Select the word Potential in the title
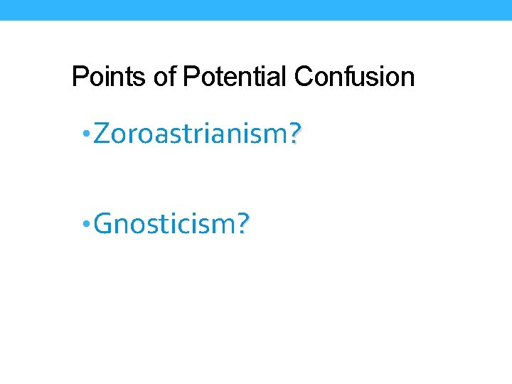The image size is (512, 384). coord(236,77)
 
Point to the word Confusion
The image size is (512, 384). coord(354,77)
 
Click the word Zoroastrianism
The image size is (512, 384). coord(191,133)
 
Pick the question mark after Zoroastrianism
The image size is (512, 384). coord(296,134)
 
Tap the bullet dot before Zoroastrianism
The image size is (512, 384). coord(85,133)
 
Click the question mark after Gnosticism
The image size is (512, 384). coord(244,225)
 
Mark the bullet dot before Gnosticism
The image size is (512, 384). coord(85,224)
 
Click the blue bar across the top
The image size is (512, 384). coord(256,10)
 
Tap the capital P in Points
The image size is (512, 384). coord(79,77)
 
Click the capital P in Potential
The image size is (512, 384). coord(190,77)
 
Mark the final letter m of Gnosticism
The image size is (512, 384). coord(227,225)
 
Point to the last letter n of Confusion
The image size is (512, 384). coord(408,78)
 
